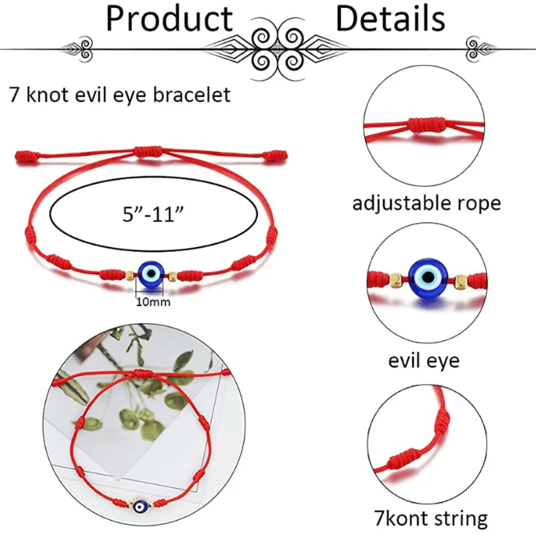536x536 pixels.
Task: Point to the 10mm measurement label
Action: [x=153, y=301]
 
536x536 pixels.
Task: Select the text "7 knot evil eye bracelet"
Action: [x=120, y=94]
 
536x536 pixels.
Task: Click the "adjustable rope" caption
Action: [x=426, y=202]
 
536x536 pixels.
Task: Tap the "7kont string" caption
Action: [x=430, y=518]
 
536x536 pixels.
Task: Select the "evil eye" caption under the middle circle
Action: [x=424, y=360]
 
